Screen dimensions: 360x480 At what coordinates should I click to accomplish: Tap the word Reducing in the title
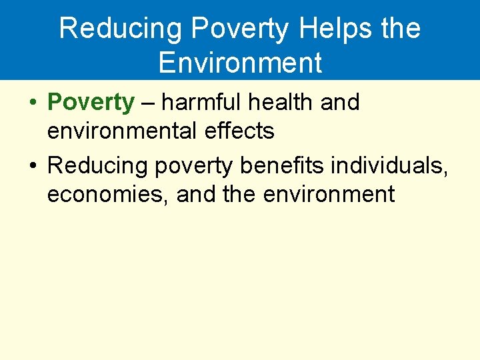111,29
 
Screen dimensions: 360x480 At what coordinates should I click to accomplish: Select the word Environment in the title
240,63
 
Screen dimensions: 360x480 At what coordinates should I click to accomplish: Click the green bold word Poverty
91,103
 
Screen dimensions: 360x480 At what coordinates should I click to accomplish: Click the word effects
242,131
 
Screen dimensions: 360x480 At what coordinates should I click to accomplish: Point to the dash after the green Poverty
148,103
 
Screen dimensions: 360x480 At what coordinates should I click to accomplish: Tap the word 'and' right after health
340,103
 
